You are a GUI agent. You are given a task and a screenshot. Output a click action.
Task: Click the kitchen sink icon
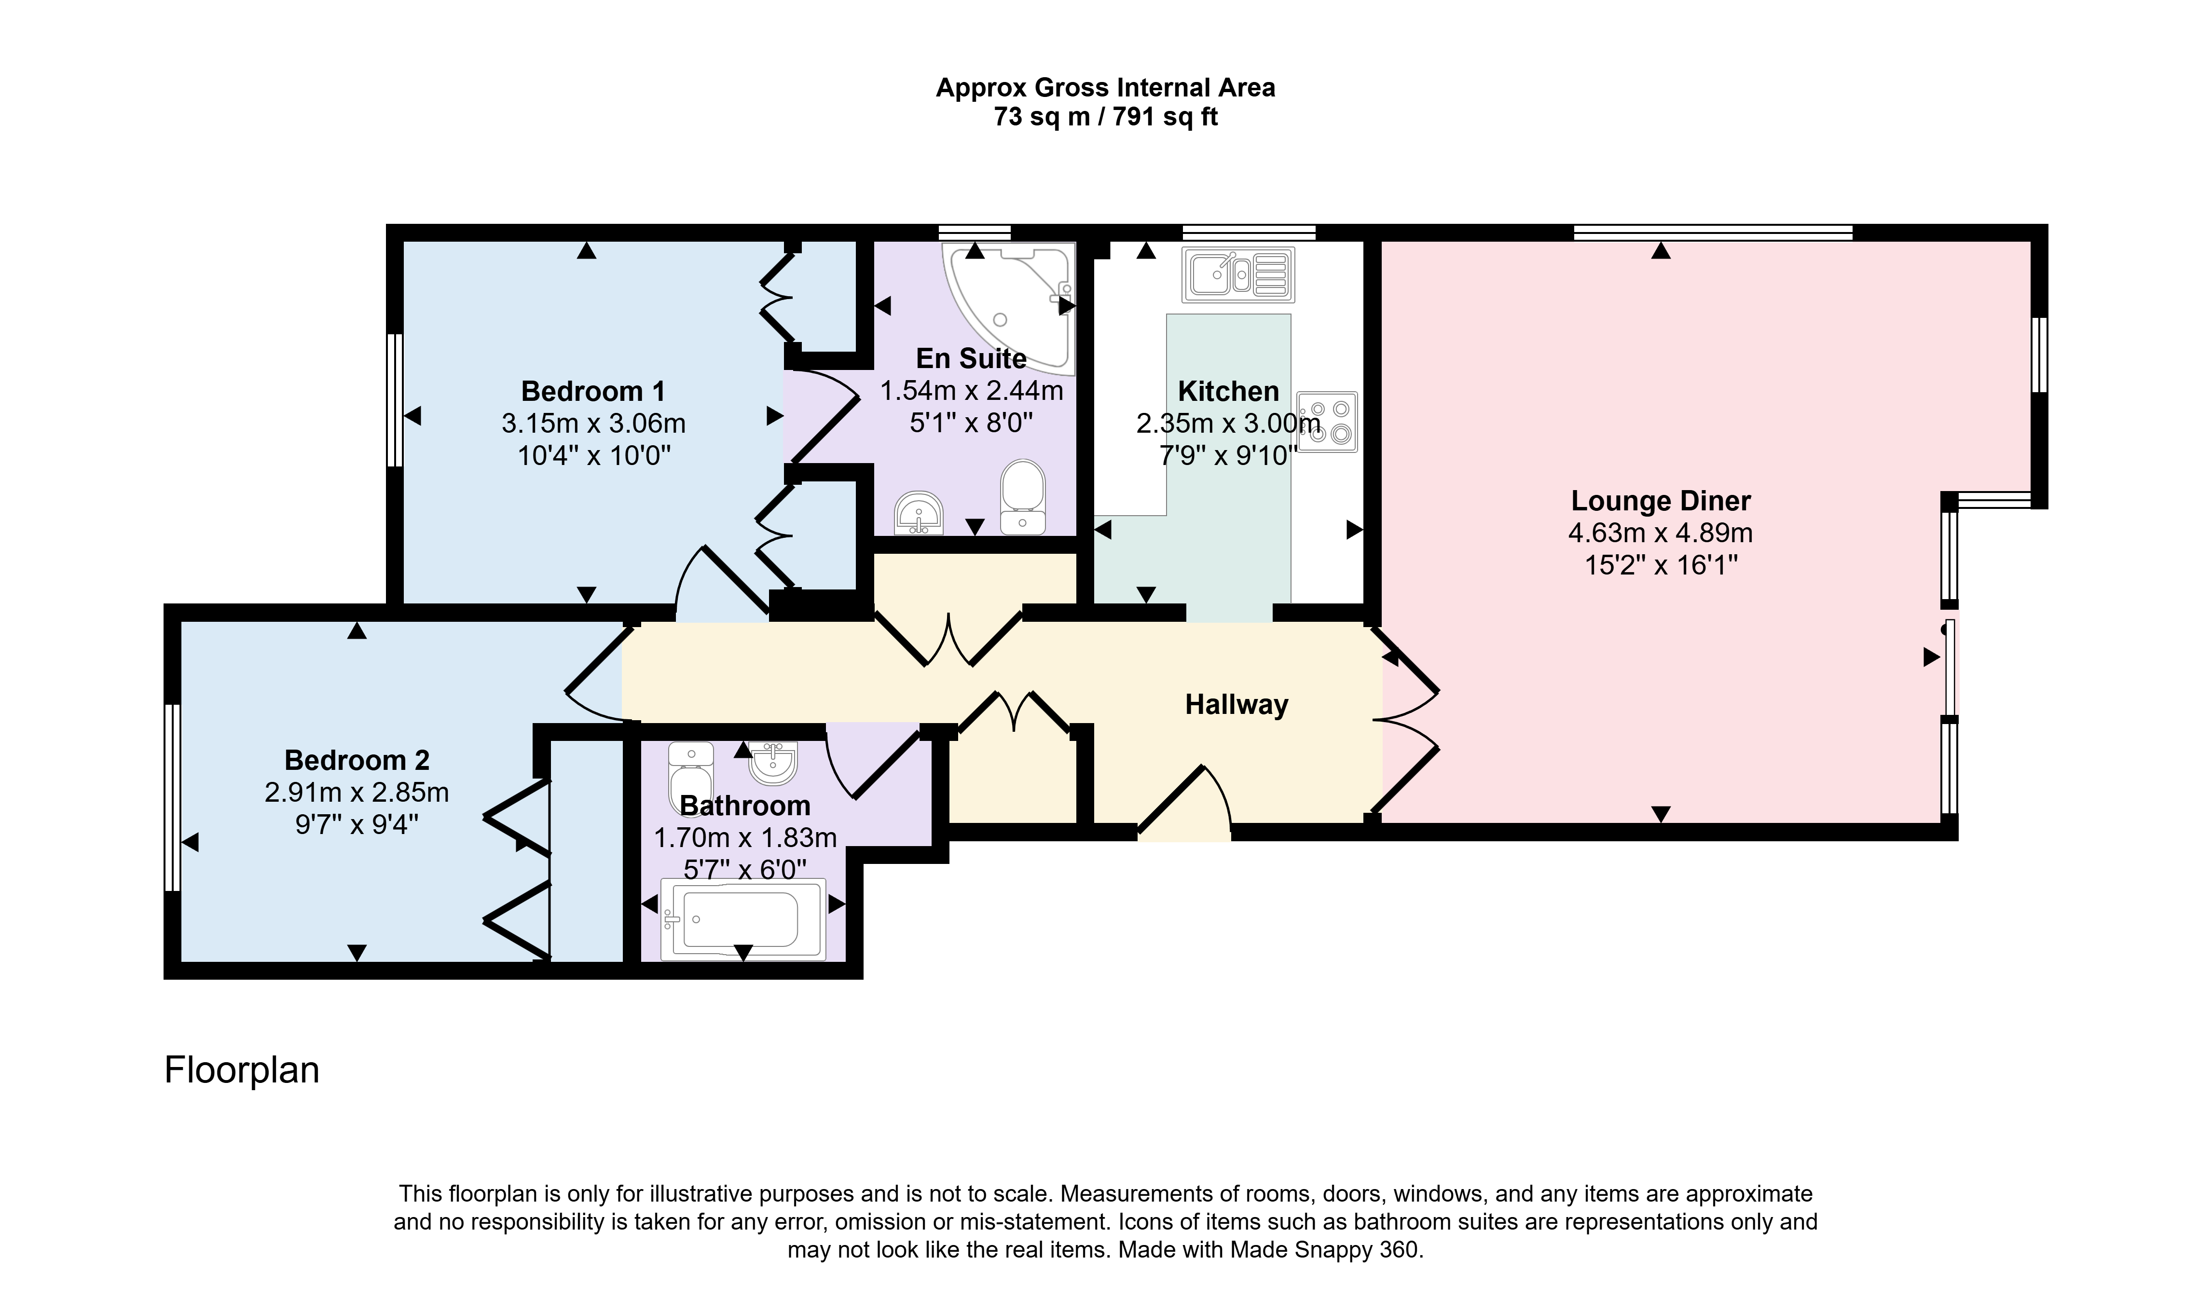pos(1237,275)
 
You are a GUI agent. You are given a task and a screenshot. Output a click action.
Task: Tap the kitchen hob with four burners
pos(1327,422)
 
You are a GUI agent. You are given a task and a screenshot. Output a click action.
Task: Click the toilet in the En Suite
pos(1023,497)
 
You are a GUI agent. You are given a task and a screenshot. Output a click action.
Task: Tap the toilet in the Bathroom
pos(691,777)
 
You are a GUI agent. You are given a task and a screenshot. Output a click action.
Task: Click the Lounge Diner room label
pos(1661,500)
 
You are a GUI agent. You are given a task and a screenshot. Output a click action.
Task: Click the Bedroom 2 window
pos(173,797)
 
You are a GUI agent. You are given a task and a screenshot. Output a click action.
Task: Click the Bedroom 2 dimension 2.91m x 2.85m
pos(357,793)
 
